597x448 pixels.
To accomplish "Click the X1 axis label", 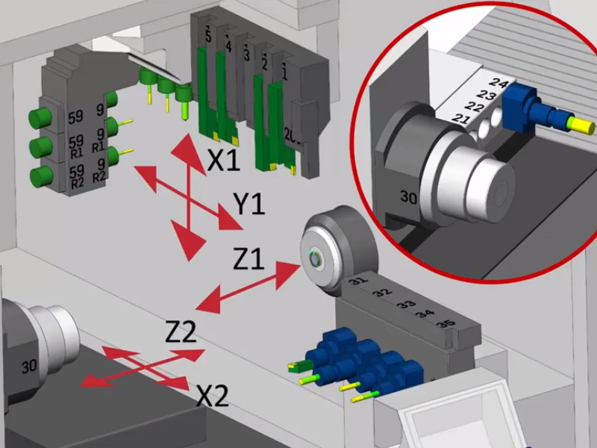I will [x=223, y=158].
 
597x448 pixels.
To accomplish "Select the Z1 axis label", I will [x=248, y=259].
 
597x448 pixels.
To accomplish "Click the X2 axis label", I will [x=212, y=395].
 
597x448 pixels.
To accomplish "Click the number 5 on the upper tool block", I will [x=208, y=37].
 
